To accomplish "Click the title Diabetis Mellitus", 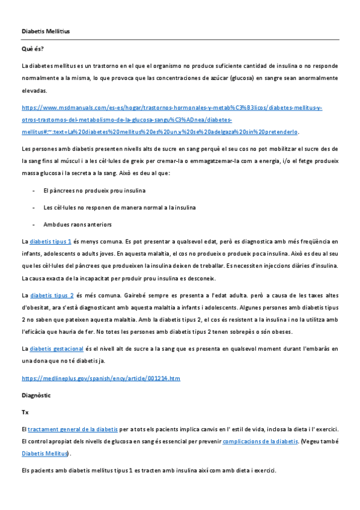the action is click(x=45, y=31).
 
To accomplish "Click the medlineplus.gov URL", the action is click(x=100, y=378).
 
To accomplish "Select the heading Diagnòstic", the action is click(x=36, y=396).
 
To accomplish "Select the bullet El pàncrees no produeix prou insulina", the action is click(x=94, y=191).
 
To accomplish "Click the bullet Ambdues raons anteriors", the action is click(x=78, y=225).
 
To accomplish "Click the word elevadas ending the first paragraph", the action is click(x=34, y=91).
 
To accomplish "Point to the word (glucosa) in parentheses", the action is click(x=239, y=78).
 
